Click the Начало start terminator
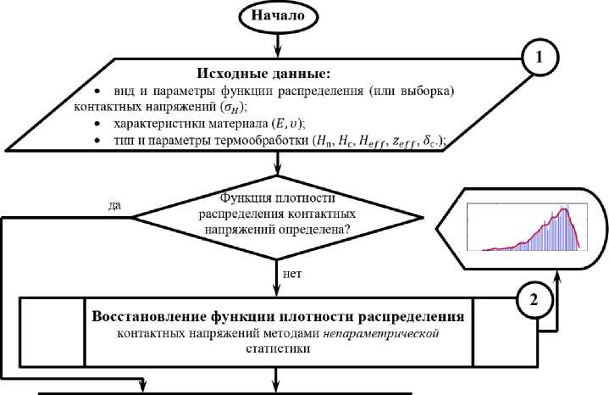click(x=276, y=14)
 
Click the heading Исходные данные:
click(x=276, y=72)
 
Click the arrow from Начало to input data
click(x=276, y=42)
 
